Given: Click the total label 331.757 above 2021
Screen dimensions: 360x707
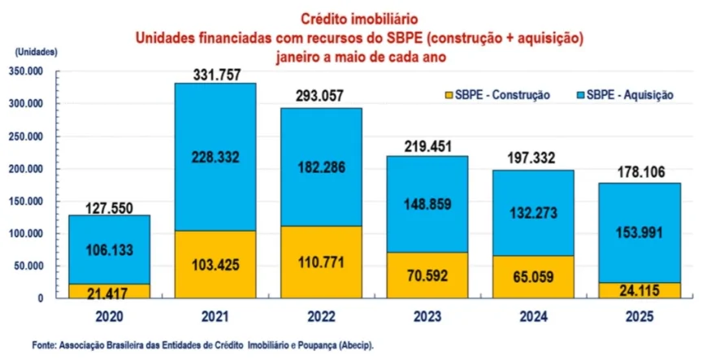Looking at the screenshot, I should click(x=215, y=75).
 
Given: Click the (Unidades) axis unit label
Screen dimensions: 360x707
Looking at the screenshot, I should click(x=35, y=51).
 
